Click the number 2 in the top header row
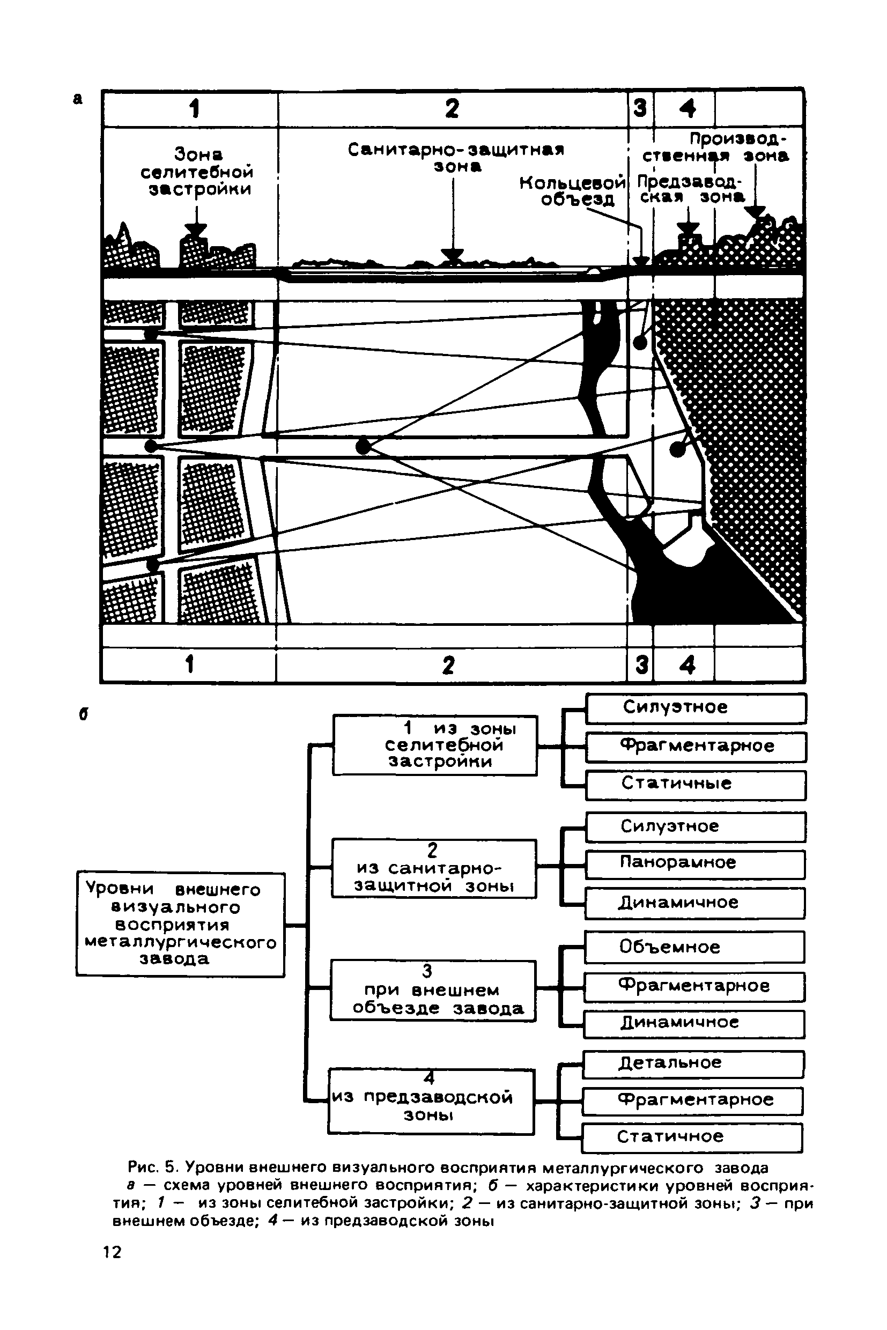point(452,108)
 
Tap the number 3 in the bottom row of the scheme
point(641,664)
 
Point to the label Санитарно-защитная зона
point(456,157)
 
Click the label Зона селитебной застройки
point(197,172)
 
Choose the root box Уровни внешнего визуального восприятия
point(180,925)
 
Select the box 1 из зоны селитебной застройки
point(434,745)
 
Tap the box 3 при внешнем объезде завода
point(433,991)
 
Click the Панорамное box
point(694,863)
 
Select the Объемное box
point(694,947)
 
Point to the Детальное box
point(693,1063)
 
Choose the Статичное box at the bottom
point(692,1136)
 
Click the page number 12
point(112,1252)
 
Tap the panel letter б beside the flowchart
point(83,714)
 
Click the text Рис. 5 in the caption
point(153,1168)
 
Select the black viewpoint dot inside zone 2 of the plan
point(363,446)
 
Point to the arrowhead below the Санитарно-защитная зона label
point(453,255)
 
